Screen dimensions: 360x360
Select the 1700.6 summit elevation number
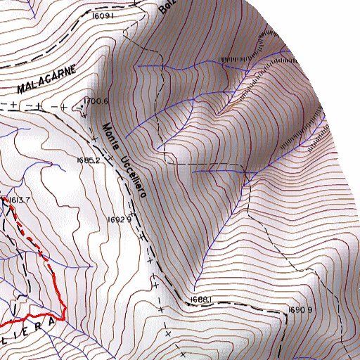pos(98,101)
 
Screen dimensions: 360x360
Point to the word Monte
pos(109,138)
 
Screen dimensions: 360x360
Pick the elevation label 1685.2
pos(90,160)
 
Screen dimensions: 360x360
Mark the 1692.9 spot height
pos(120,220)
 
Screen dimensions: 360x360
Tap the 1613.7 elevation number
pos(20,200)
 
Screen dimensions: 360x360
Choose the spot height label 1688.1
pos(200,300)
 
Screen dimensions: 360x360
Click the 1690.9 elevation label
pos(300,309)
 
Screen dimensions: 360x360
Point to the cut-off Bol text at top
pos(166,7)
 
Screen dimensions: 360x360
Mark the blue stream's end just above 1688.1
pos(191,288)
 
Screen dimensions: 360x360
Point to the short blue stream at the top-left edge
pos(31,8)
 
